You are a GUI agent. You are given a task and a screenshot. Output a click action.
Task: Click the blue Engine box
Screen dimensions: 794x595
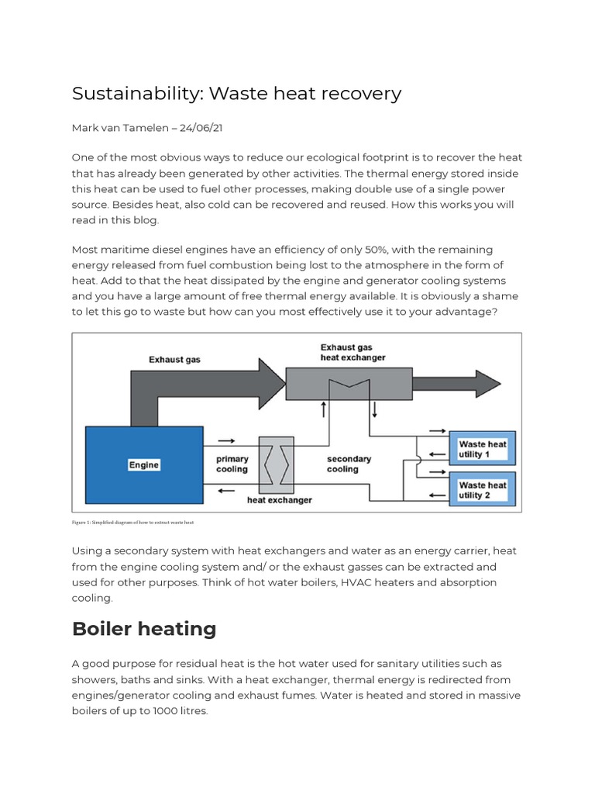143,465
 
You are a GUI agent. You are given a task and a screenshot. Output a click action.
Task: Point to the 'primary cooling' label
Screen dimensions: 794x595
232,464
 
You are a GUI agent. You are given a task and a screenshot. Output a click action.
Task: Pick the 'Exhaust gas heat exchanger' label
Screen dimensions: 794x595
353,352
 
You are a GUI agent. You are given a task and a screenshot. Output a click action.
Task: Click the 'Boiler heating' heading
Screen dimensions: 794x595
144,629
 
